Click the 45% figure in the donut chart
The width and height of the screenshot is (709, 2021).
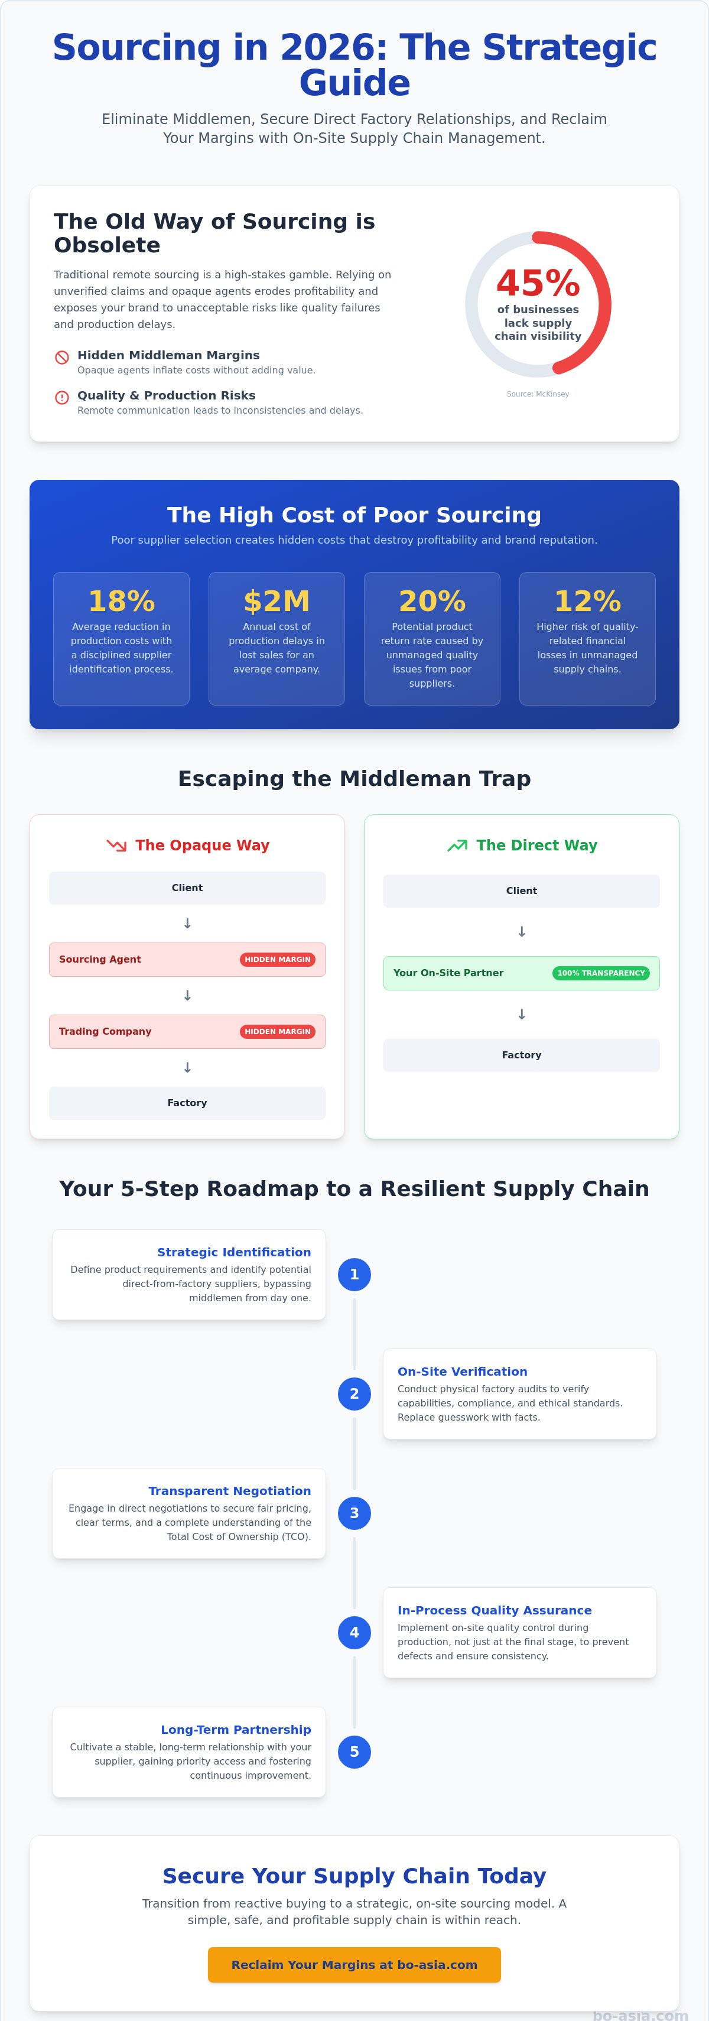coord(538,283)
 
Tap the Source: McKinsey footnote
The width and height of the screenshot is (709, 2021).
coord(538,394)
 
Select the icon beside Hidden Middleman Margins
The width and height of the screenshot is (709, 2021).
coord(62,358)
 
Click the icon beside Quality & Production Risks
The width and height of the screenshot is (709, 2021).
coord(62,398)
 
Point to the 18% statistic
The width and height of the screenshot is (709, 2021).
coord(122,602)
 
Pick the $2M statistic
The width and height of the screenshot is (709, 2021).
coord(277,602)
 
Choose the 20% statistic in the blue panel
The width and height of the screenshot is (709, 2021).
coord(432,602)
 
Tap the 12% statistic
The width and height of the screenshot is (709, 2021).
coord(587,602)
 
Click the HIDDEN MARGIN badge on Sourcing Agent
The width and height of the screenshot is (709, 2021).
coord(278,960)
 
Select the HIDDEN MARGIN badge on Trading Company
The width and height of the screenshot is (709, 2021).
coord(278,1032)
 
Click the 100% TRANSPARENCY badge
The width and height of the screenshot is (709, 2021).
coord(601,973)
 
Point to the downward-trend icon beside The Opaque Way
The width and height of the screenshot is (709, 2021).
coord(116,846)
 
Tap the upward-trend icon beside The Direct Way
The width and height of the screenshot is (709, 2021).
coord(457,846)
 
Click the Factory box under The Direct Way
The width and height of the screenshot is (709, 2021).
coord(522,1055)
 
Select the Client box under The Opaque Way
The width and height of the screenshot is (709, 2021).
coord(187,888)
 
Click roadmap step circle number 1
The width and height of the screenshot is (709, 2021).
coord(354,1275)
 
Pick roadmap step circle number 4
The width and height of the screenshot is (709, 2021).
coord(354,1633)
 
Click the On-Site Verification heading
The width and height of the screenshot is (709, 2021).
coord(463,1372)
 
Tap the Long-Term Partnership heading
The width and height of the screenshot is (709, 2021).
coord(236,1729)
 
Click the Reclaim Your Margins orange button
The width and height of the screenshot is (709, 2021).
coord(354,1964)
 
